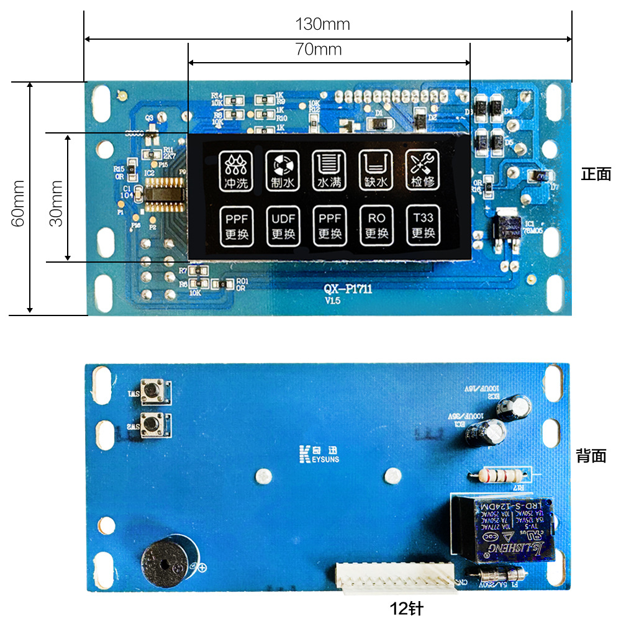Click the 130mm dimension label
click(x=322, y=25)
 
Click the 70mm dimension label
click(x=319, y=50)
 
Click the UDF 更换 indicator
click(x=283, y=225)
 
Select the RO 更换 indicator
click(x=376, y=225)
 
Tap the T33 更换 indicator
click(x=423, y=225)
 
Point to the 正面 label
click(x=596, y=175)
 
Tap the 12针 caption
click(x=407, y=608)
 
